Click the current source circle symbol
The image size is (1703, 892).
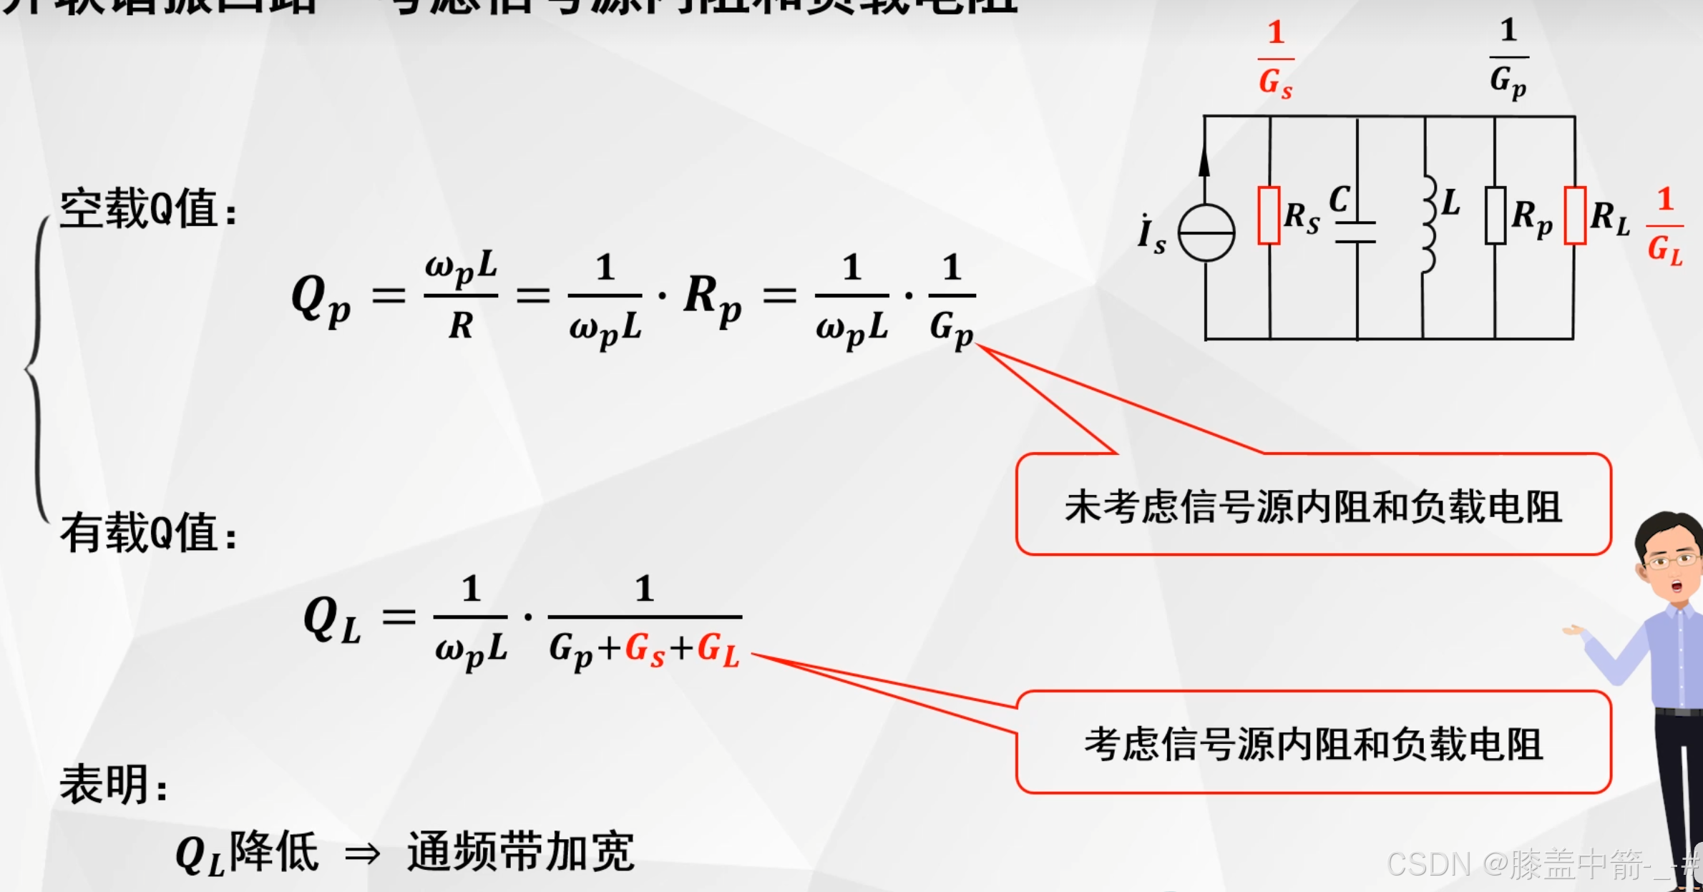point(1206,233)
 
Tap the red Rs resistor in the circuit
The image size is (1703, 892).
point(1269,215)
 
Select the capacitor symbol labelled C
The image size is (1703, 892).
point(1356,232)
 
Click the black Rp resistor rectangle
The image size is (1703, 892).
point(1495,215)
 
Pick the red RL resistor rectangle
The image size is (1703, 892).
point(1575,215)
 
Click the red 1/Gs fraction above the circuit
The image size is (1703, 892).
point(1276,60)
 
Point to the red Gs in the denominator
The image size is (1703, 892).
point(645,650)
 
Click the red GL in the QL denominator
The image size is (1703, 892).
point(718,650)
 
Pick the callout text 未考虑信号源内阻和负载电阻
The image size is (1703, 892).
point(1313,507)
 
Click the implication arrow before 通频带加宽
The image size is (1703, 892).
point(362,853)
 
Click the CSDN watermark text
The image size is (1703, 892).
point(1538,864)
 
